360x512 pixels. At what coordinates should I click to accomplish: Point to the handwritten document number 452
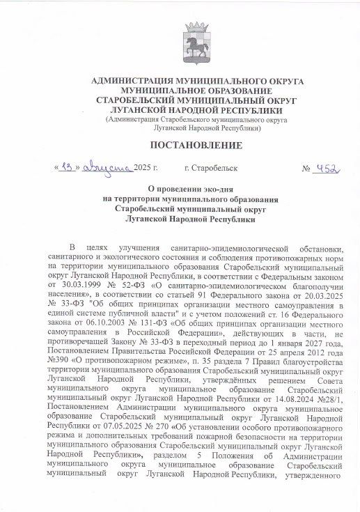326,168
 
